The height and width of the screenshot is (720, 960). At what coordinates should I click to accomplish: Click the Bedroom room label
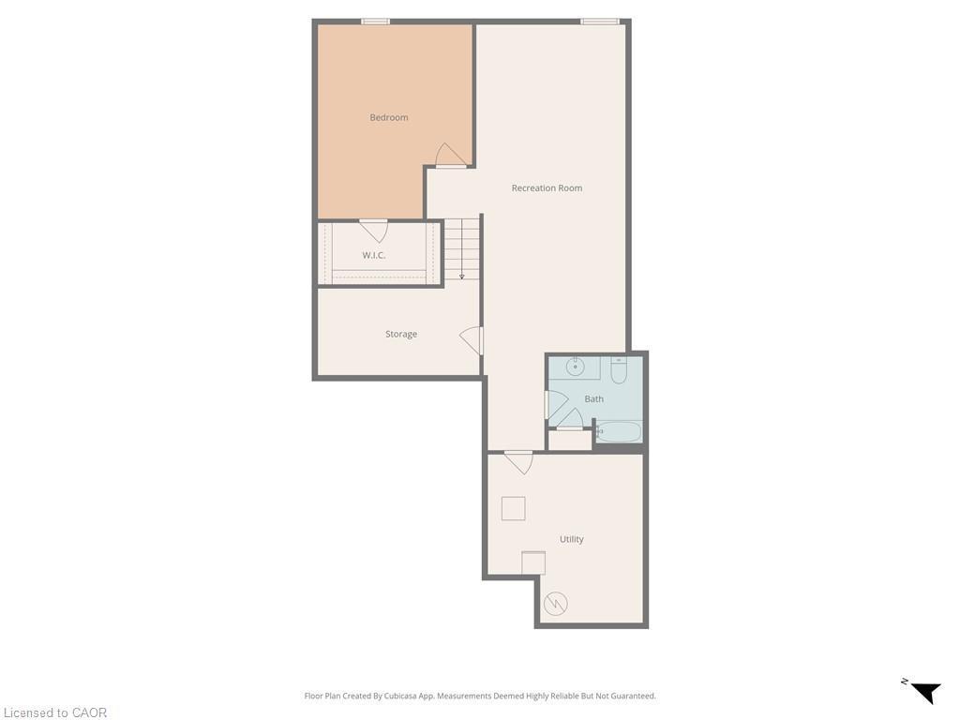[x=389, y=117]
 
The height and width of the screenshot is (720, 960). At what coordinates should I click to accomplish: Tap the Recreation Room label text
[x=547, y=187]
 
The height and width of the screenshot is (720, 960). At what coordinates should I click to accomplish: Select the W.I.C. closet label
[x=374, y=255]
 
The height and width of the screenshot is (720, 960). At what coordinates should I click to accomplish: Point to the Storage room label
[x=401, y=334]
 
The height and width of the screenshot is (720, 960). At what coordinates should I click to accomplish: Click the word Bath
[x=594, y=398]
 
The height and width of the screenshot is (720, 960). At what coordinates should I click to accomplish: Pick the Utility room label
[x=572, y=539]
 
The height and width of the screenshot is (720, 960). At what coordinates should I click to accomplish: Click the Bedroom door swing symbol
[x=451, y=156]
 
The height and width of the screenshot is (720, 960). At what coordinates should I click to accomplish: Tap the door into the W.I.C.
[x=373, y=230]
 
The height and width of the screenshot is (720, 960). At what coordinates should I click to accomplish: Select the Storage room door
[x=472, y=340]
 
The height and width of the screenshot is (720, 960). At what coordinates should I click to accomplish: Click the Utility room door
[x=518, y=461]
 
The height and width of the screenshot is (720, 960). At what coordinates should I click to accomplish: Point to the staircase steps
[x=461, y=247]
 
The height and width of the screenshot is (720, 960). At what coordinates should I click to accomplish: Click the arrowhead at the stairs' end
[x=461, y=277]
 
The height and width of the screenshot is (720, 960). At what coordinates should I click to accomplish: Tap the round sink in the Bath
[x=577, y=367]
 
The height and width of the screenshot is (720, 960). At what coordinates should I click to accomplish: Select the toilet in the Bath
[x=619, y=371]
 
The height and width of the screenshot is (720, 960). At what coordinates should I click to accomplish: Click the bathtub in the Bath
[x=619, y=432]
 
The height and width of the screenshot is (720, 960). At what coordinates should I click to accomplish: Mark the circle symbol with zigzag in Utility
[x=556, y=603]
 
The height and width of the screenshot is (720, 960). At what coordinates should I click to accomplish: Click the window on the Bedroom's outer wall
[x=375, y=21]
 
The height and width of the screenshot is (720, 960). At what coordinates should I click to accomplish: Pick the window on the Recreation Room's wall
[x=599, y=21]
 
